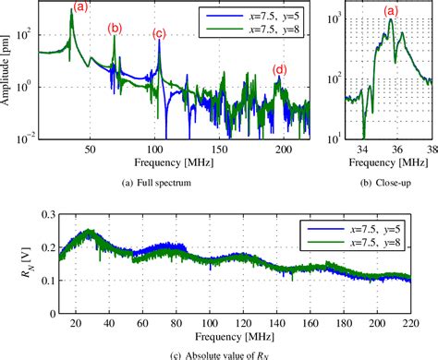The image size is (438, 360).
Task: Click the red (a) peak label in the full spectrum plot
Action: (x=80, y=8)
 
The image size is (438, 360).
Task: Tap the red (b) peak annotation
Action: (x=114, y=29)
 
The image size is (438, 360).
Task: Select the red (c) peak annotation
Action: (x=159, y=35)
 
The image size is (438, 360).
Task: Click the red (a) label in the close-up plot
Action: (x=391, y=11)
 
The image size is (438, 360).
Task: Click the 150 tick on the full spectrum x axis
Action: (x=222, y=150)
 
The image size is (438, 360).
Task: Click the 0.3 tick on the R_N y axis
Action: (x=43, y=214)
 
